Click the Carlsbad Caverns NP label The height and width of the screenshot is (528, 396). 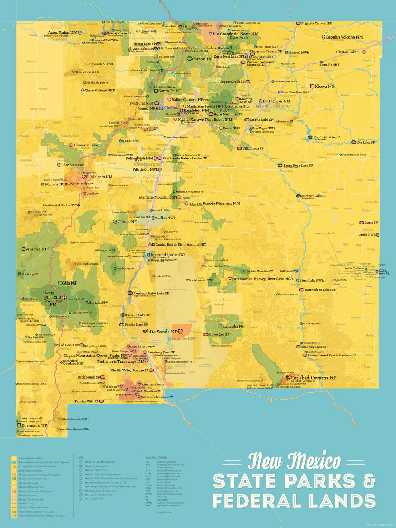pyautogui.click(x=315, y=378)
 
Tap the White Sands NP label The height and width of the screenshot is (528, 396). pyautogui.click(x=159, y=332)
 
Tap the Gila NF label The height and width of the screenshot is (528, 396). pyautogui.click(x=69, y=283)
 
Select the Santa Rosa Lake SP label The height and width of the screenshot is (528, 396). pyautogui.click(x=298, y=165)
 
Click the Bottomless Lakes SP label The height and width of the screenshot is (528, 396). pyautogui.click(x=320, y=290)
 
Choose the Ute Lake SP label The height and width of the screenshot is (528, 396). pyautogui.click(x=366, y=142)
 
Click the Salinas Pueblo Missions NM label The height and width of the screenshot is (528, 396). pyautogui.click(x=214, y=203)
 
